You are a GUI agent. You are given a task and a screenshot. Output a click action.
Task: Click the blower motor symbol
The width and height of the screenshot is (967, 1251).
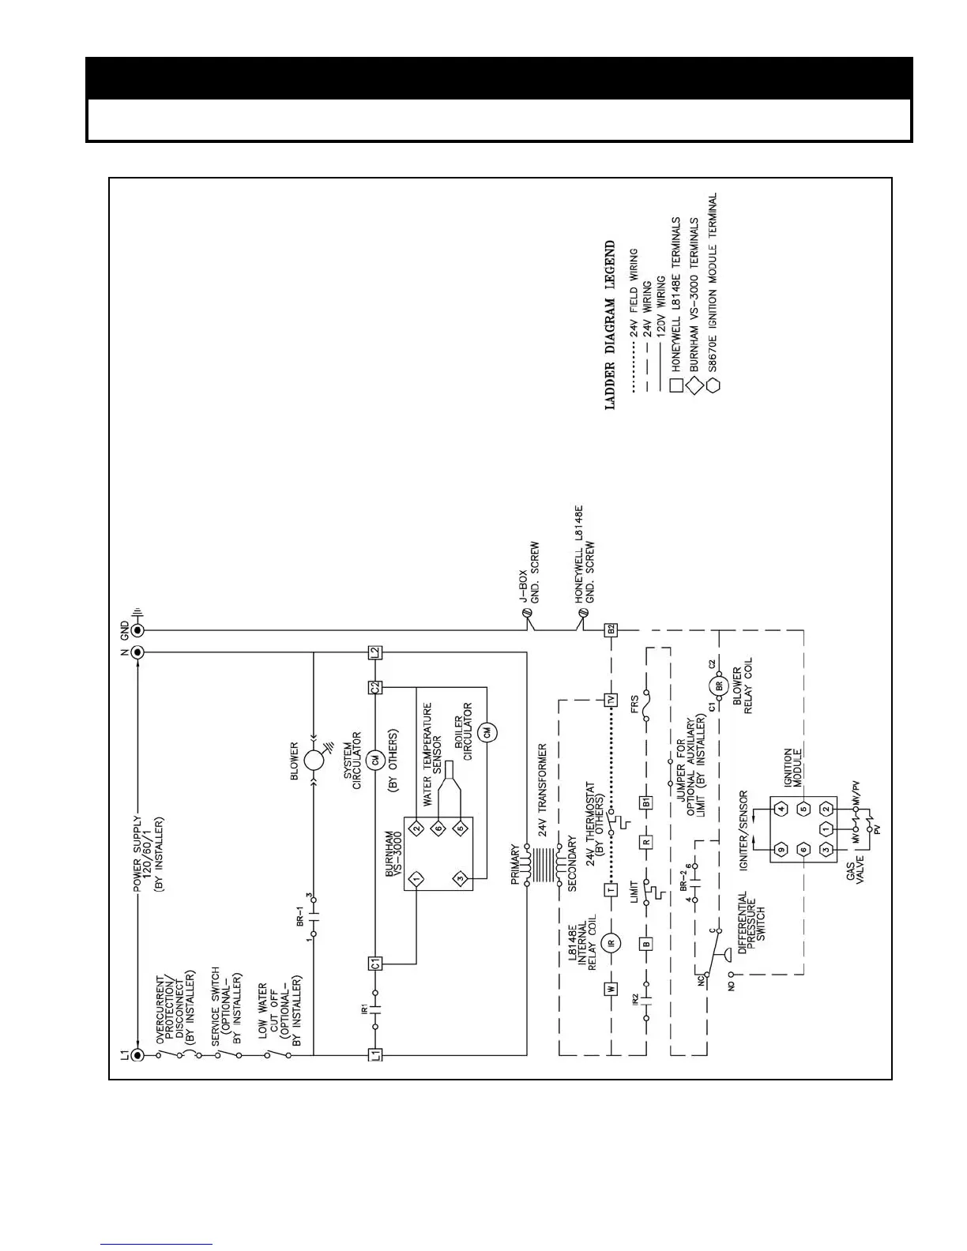(x=314, y=761)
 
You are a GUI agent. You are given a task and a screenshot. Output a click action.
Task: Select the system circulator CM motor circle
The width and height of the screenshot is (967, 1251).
(x=376, y=760)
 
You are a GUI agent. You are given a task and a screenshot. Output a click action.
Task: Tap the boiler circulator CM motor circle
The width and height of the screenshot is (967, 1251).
(x=487, y=732)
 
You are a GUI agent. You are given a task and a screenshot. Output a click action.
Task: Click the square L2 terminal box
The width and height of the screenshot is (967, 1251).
(x=375, y=653)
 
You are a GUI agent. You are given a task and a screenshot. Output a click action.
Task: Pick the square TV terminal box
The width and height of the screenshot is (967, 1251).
(x=610, y=700)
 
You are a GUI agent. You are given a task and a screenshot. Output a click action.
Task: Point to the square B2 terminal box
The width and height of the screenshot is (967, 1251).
(x=610, y=630)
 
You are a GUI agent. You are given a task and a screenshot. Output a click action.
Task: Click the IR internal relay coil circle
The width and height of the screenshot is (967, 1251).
(x=610, y=942)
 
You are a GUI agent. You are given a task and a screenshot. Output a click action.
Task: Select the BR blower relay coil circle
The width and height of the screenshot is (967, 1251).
(x=719, y=686)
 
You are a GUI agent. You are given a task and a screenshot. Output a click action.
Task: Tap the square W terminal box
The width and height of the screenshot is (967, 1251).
(x=610, y=987)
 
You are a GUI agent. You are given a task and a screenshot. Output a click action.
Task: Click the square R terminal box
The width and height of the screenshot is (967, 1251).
(x=646, y=842)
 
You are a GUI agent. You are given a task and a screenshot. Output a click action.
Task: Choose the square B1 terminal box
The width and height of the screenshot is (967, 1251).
(x=646, y=802)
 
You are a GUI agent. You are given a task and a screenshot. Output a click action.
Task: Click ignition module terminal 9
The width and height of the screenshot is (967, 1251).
(x=781, y=850)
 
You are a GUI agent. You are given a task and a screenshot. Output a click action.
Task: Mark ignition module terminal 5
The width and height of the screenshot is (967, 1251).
(x=803, y=809)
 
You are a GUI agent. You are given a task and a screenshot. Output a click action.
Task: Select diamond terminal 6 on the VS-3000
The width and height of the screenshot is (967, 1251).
(x=437, y=828)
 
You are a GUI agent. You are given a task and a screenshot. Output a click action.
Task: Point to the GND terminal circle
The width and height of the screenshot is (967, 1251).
(x=137, y=630)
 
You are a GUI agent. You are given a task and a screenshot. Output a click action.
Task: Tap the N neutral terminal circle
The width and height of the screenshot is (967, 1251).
(x=137, y=652)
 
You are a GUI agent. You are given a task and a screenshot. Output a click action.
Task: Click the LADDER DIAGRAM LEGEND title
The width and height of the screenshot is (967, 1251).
(x=610, y=325)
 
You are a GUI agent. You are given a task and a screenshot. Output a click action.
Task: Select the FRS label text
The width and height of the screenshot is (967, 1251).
(x=634, y=704)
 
